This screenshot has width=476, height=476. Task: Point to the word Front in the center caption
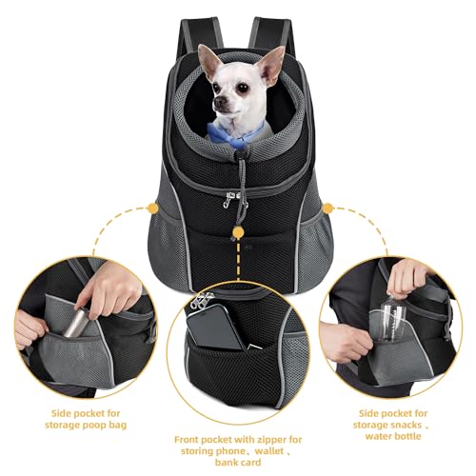[x=193, y=440]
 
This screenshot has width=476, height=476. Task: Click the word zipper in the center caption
[x=276, y=440]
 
